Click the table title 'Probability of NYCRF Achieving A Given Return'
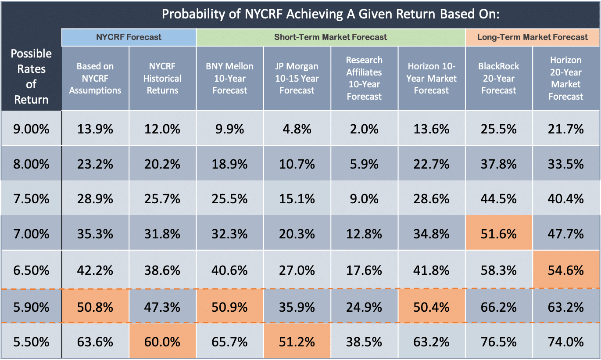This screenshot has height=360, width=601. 331,14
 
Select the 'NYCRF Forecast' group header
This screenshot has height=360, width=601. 129,37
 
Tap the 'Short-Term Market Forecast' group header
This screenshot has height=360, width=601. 331,37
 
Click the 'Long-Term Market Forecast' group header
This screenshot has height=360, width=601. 532,37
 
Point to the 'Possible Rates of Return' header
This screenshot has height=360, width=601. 31,76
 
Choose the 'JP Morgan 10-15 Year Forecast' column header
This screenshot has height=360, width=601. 297,78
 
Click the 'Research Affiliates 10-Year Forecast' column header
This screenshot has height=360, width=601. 364,78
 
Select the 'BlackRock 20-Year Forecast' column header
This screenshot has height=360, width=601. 499,78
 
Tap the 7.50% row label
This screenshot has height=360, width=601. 31,198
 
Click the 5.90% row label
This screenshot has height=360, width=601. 31,307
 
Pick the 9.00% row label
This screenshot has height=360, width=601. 31,129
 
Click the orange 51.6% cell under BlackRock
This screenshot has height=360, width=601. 499,234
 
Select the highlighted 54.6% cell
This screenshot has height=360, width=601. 566,270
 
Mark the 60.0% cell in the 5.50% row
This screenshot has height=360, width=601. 162,342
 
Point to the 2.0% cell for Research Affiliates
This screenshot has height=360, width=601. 364,129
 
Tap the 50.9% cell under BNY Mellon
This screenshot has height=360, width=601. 229,307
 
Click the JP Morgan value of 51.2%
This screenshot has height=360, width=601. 297,342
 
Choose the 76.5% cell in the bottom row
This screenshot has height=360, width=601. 499,342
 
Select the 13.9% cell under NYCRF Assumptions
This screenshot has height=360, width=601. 95,129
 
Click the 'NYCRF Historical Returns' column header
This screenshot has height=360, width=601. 162,78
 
